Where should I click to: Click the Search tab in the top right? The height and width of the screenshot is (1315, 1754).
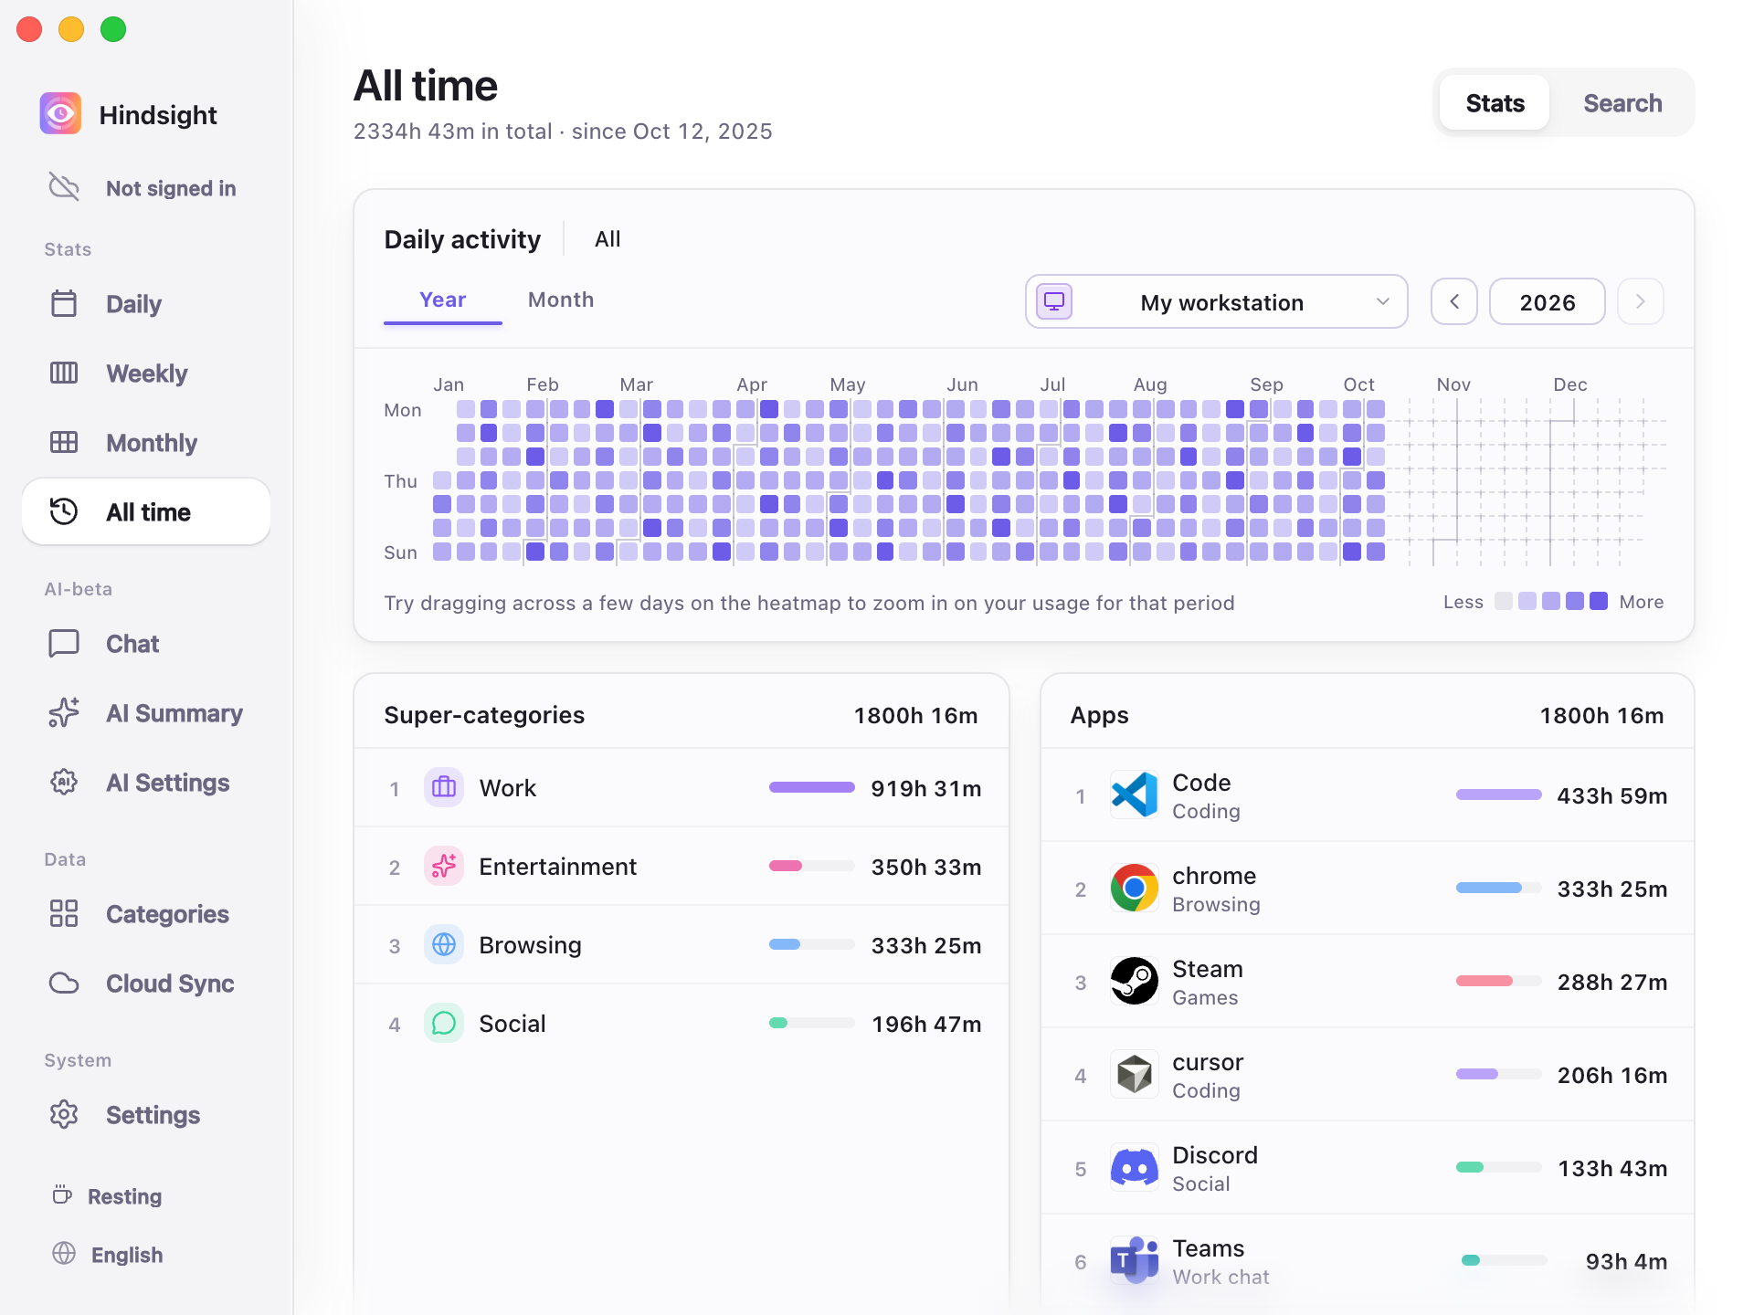point(1622,103)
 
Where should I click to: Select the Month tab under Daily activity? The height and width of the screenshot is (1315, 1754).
point(561,300)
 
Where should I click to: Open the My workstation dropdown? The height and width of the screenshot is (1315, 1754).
point(1216,301)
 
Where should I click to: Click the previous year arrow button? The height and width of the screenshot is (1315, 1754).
point(1454,301)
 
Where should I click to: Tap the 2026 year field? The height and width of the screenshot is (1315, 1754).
point(1548,302)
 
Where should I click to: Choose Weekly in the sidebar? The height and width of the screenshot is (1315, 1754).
point(146,373)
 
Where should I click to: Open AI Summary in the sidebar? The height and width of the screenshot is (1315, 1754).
point(174,713)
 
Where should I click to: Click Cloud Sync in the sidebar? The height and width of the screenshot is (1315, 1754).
point(170,984)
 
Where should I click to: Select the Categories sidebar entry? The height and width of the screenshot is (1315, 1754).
point(167,914)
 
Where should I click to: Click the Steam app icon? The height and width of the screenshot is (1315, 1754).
point(1135,981)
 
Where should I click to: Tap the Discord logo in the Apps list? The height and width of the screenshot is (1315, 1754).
point(1135,1167)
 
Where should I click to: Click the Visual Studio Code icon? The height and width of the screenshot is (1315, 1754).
point(1135,794)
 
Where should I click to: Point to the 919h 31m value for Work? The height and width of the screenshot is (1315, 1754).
point(925,788)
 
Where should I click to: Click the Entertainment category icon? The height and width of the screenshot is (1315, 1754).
point(444,866)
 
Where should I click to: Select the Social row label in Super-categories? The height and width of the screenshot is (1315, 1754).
point(512,1024)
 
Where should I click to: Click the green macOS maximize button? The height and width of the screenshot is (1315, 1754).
point(113,29)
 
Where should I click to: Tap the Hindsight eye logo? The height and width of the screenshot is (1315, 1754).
point(60,113)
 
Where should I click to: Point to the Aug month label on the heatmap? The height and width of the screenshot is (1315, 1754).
point(1150,384)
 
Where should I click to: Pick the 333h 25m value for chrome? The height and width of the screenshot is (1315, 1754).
point(1611,889)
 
